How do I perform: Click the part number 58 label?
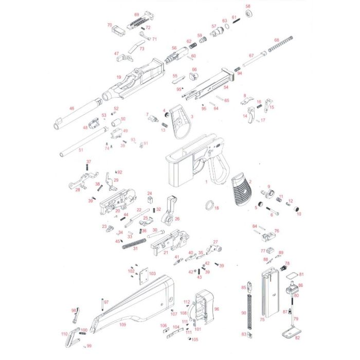[x=248, y=6]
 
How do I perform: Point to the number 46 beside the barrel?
[x=72, y=109]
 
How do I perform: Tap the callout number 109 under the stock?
[x=122, y=325]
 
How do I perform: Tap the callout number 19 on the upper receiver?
[x=119, y=78]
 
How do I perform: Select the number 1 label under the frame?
[x=206, y=182]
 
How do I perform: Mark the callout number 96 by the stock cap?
[x=217, y=309]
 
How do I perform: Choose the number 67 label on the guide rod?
[x=251, y=56]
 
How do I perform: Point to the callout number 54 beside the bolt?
[x=226, y=88]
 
